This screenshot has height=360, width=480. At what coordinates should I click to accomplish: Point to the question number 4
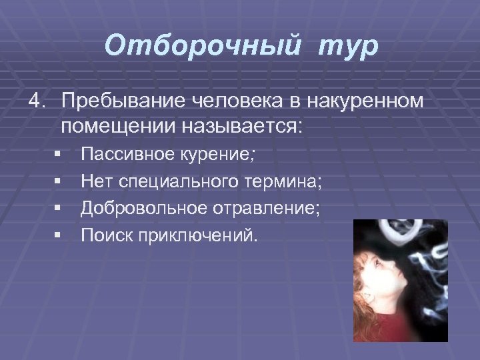(x=35, y=101)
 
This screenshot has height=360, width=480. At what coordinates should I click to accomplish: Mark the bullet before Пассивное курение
(x=59, y=155)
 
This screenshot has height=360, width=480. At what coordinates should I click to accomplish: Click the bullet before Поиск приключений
(x=59, y=235)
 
